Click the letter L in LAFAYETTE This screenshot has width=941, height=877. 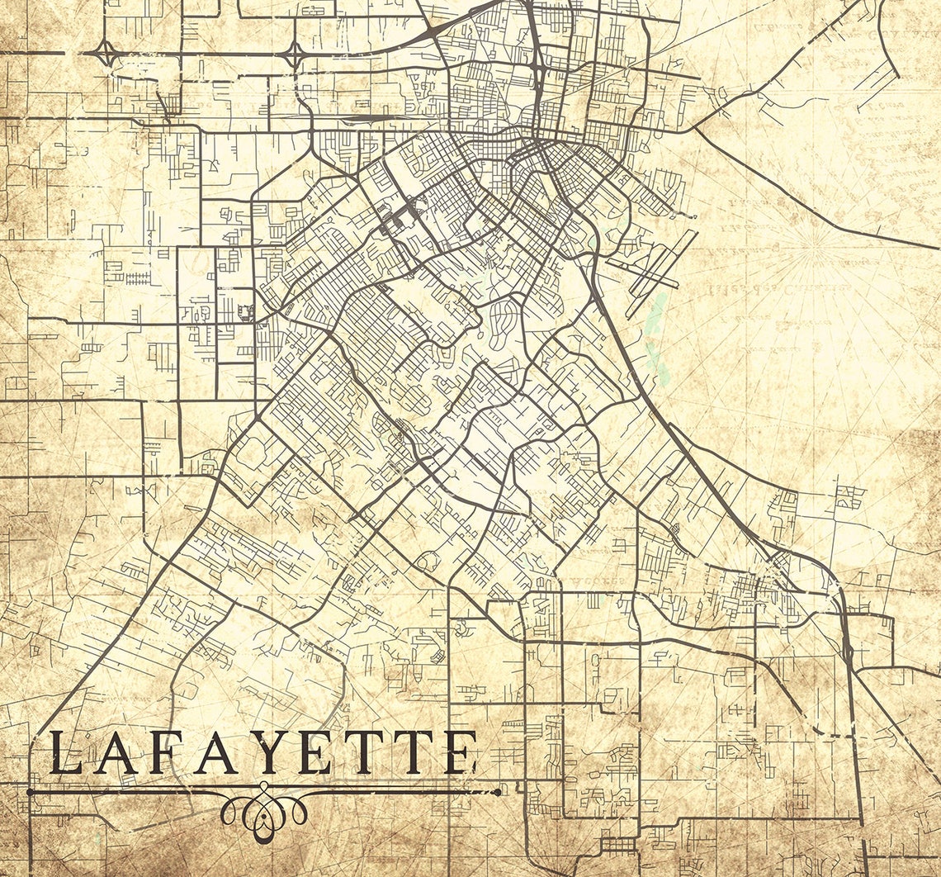68,752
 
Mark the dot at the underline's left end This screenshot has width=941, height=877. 31,792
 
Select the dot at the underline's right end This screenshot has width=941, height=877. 498,792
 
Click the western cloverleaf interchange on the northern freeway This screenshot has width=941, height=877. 106,55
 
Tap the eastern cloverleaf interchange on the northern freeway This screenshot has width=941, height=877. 294,55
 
